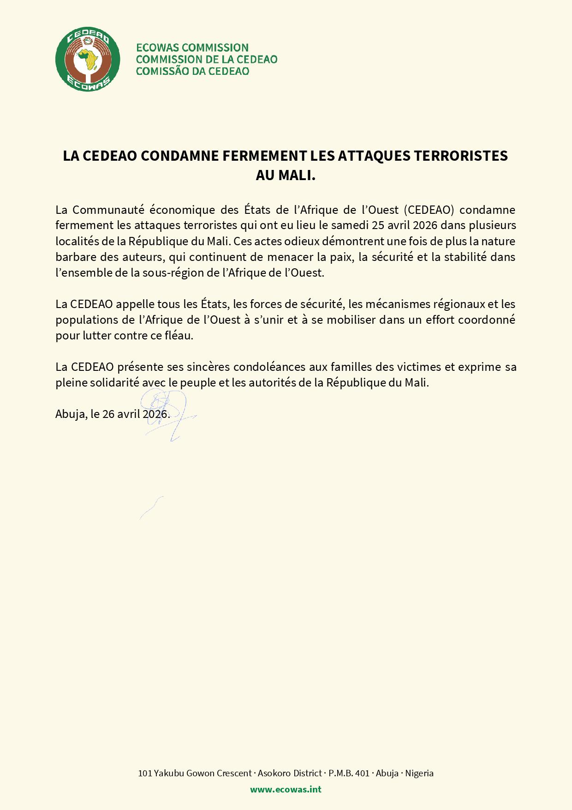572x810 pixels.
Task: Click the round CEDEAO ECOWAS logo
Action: point(88,59)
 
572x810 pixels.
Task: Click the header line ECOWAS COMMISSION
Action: point(192,48)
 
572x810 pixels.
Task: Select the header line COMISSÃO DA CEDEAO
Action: point(192,71)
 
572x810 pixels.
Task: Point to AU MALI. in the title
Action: point(286,175)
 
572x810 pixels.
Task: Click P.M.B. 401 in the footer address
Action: point(349,773)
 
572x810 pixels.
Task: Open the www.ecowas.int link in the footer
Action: point(286,789)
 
